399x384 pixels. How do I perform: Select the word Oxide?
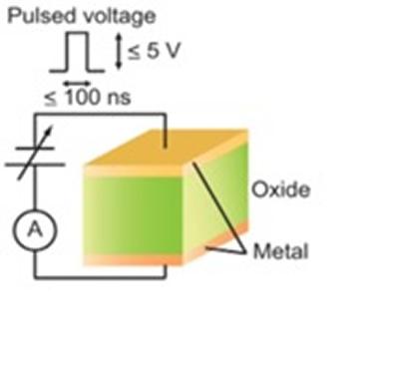[270, 188]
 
